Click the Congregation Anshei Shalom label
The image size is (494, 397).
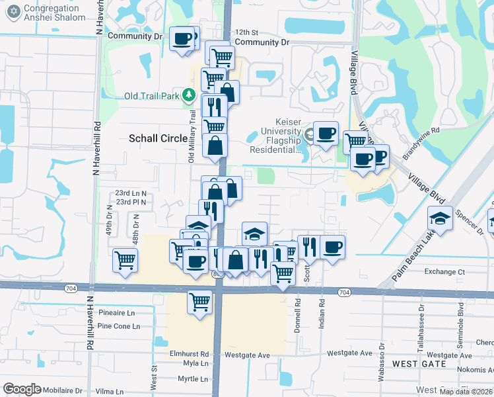(54, 12)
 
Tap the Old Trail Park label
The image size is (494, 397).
(151, 96)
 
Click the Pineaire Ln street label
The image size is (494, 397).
(116, 312)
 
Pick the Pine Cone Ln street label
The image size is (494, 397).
(118, 326)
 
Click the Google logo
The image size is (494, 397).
(22, 389)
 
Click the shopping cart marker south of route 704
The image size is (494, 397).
(200, 301)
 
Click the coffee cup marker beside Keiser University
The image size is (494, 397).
(325, 133)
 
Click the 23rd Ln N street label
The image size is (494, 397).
(131, 194)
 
